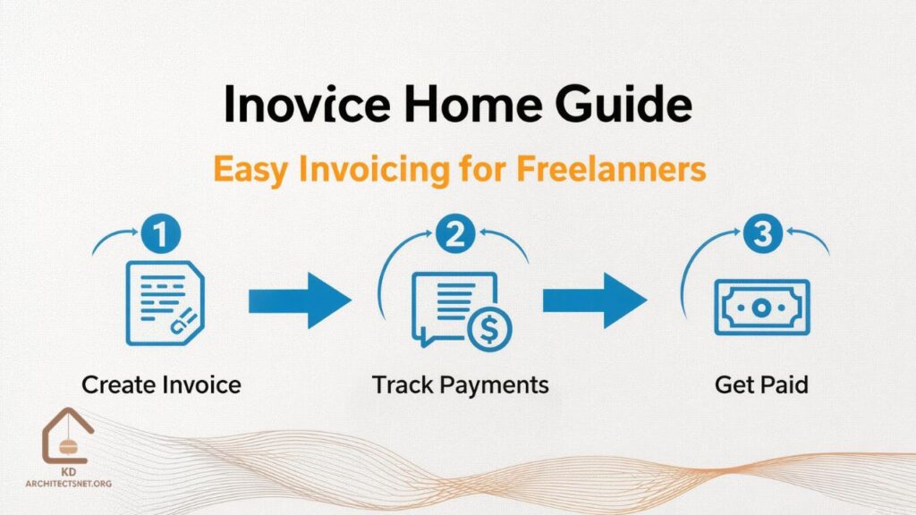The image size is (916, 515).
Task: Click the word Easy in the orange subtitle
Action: point(253,169)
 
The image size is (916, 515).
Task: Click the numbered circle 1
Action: point(161,237)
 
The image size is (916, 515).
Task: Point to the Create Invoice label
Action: point(161,385)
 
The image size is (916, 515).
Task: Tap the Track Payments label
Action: point(461,385)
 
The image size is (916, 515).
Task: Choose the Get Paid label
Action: point(761,385)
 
